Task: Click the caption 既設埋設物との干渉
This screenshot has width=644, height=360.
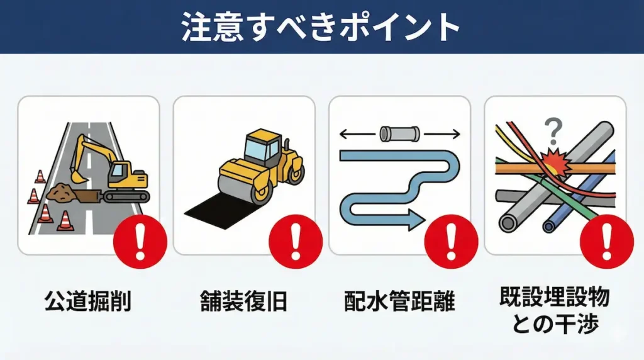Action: [x=555, y=311]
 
